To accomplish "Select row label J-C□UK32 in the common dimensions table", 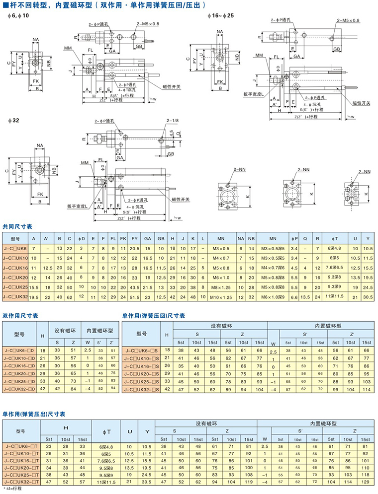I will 14,296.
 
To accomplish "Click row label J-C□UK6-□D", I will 19,351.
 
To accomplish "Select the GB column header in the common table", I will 161,237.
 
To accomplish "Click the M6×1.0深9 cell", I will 269,296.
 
